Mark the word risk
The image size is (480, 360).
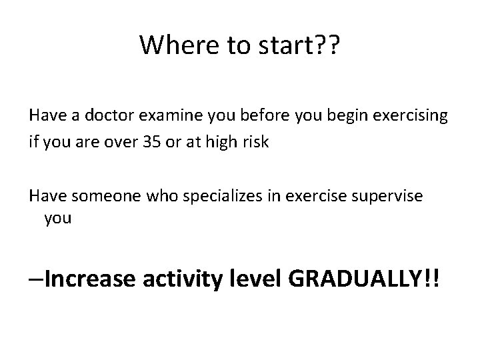(255, 143)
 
